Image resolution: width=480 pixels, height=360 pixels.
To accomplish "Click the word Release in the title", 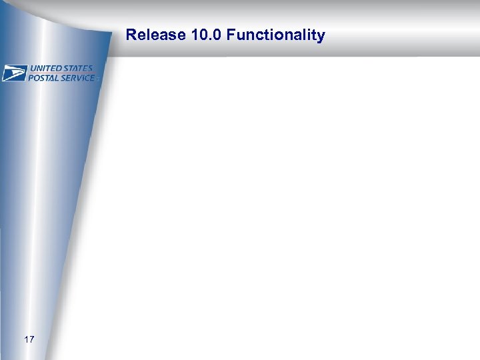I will [146, 35].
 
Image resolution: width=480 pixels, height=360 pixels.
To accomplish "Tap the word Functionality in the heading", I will [275, 35].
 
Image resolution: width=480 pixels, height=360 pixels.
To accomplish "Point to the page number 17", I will [29, 340].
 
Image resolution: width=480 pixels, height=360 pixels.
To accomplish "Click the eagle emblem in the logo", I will [13, 73].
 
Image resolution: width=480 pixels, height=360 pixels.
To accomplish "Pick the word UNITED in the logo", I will [45, 69].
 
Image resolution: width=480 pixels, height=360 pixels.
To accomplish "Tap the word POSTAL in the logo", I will [43, 78].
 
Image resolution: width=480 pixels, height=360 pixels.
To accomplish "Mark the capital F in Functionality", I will [231, 35].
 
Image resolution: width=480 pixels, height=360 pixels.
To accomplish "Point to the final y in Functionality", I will [321, 37].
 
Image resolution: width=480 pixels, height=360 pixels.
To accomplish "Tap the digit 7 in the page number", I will [31, 340].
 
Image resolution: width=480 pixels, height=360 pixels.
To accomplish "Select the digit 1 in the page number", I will [26, 340].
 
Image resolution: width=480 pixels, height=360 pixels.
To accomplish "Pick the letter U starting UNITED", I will [32, 69].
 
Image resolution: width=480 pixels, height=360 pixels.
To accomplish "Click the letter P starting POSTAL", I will [31, 78].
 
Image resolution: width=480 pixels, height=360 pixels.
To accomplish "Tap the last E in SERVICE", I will [92, 78].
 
